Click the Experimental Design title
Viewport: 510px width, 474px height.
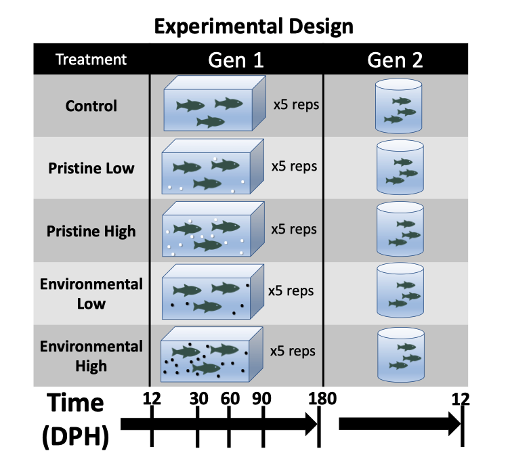pyautogui.click(x=253, y=26)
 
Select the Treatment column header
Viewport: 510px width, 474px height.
pyautogui.click(x=91, y=60)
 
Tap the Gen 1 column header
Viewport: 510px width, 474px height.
pyautogui.click(x=235, y=60)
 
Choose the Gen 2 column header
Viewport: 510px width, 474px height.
pyautogui.click(x=396, y=60)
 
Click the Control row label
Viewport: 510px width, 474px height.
pyautogui.click(x=91, y=106)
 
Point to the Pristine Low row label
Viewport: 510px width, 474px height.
pyautogui.click(x=91, y=168)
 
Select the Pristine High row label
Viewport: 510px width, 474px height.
pyautogui.click(x=91, y=231)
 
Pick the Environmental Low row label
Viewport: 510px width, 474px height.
pyautogui.click(x=91, y=293)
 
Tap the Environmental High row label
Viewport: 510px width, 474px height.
pyautogui.click(x=91, y=355)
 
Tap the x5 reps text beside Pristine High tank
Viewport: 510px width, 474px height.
pyautogui.click(x=294, y=229)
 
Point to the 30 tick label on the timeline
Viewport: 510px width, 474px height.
pyautogui.click(x=198, y=399)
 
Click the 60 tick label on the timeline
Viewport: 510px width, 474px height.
pyautogui.click(x=230, y=399)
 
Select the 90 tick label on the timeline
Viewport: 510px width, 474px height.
pyautogui.click(x=262, y=399)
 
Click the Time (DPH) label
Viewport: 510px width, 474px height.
pyautogui.click(x=75, y=420)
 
